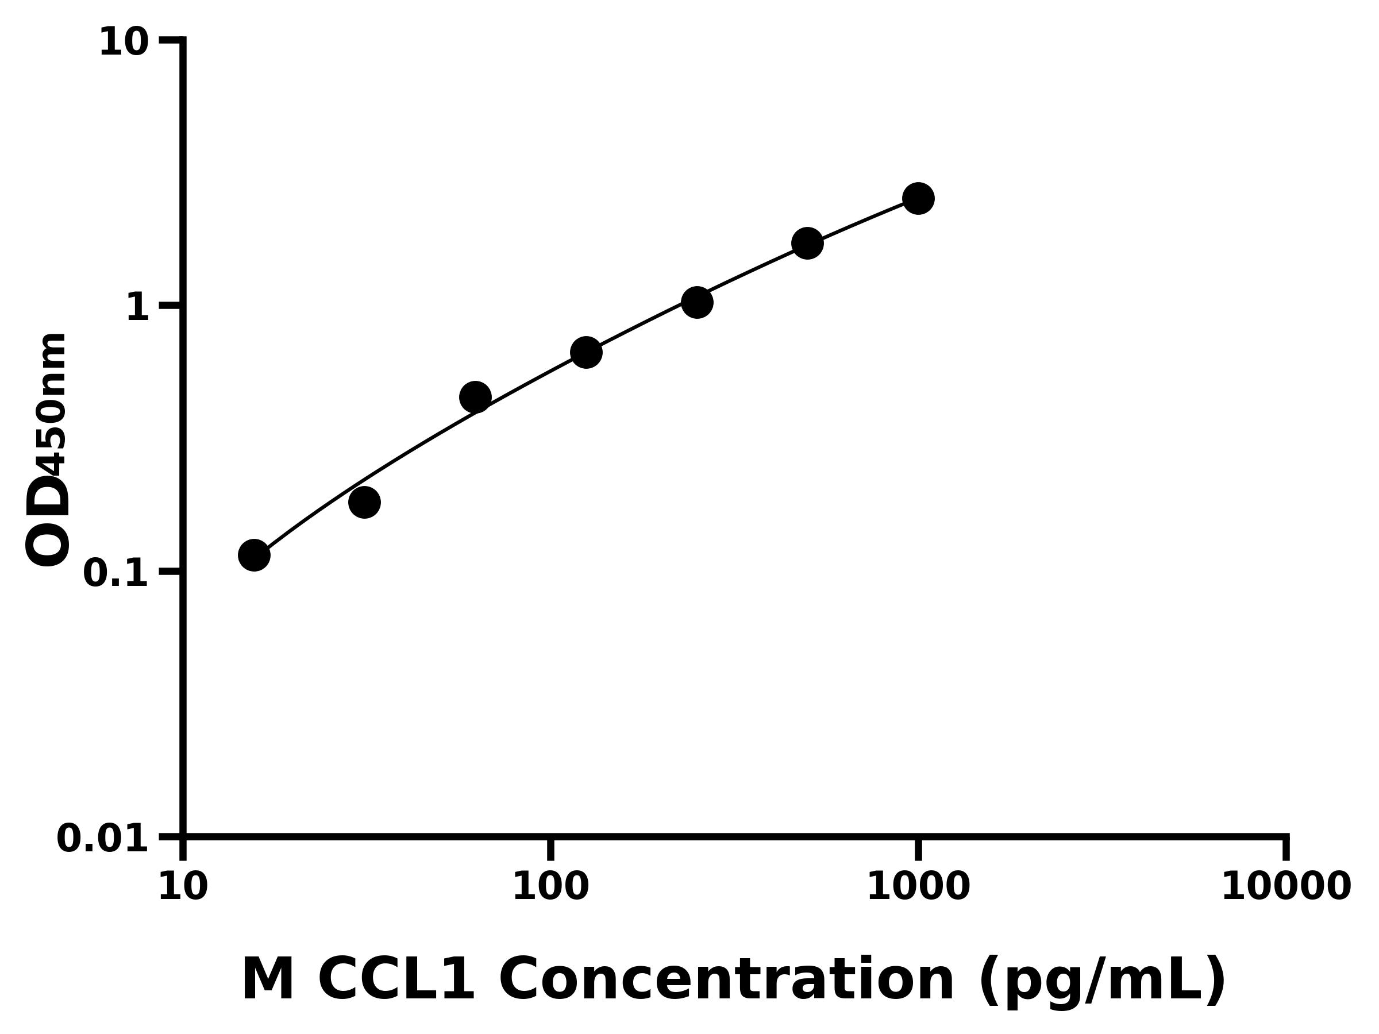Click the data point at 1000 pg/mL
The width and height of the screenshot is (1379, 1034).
[x=918, y=199]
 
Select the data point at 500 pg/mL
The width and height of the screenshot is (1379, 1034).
[x=807, y=243]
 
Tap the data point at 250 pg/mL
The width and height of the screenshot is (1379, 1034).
[x=697, y=302]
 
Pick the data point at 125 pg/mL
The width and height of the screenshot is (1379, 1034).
[x=586, y=353]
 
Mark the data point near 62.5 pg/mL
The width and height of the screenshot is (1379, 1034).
[x=475, y=397]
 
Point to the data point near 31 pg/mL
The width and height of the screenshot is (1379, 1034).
[x=364, y=503]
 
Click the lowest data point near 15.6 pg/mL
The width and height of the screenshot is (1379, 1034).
[x=254, y=555]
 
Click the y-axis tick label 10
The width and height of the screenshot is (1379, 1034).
[x=124, y=43]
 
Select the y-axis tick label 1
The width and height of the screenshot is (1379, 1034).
[x=138, y=308]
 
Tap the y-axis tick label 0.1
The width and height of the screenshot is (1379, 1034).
[x=116, y=573]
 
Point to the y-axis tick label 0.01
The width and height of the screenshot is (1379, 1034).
[x=103, y=839]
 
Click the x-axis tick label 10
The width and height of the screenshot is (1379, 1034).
[x=183, y=886]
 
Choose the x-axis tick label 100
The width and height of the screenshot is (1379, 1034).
[x=550, y=886]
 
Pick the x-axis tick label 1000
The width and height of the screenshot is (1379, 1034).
[x=918, y=886]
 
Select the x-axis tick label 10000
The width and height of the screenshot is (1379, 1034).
[x=1285, y=886]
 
